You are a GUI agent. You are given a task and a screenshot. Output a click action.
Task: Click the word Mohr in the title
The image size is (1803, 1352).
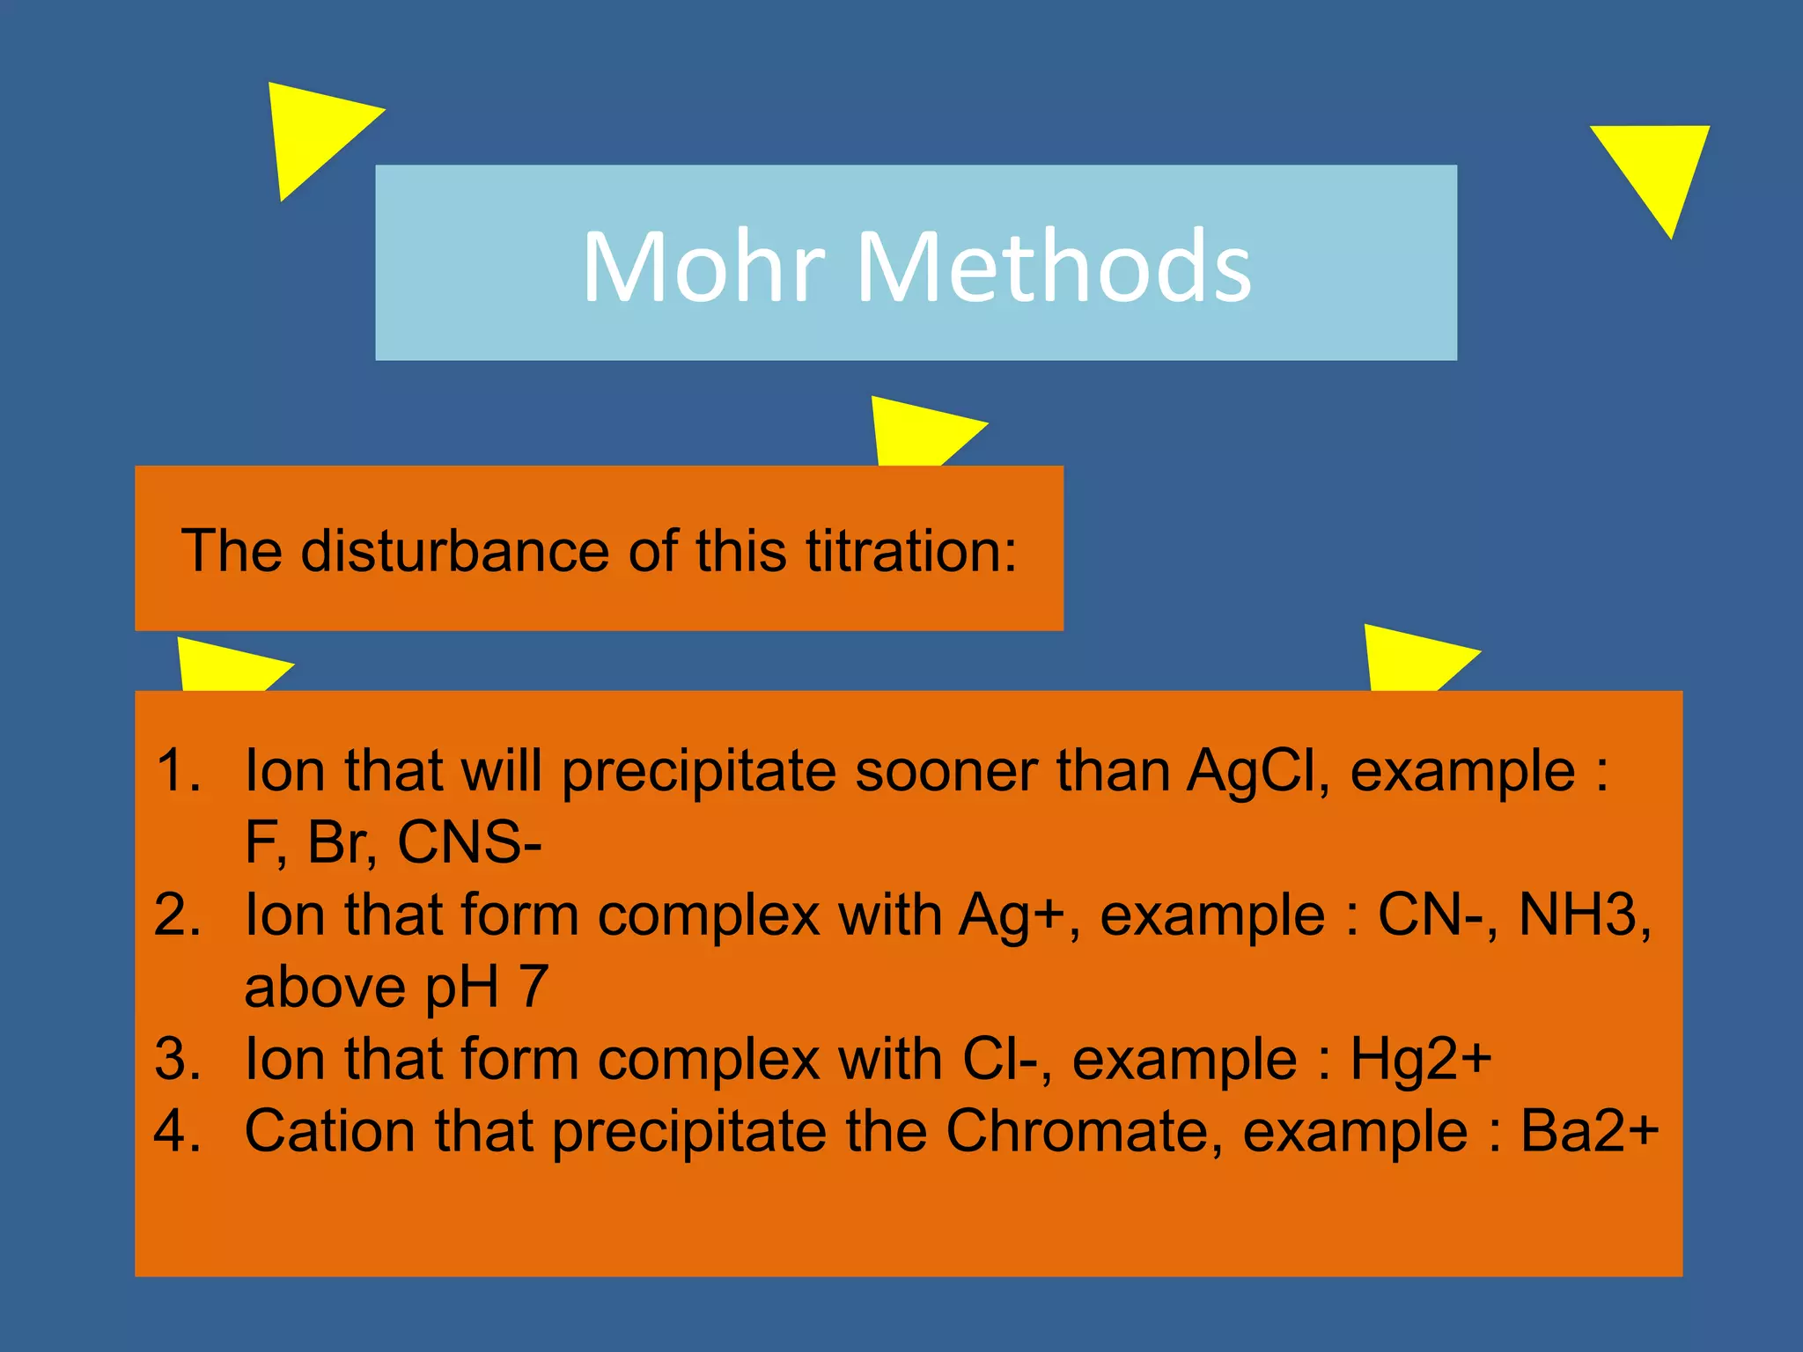(x=704, y=267)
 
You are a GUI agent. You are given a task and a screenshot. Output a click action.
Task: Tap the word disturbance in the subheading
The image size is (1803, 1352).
(x=455, y=551)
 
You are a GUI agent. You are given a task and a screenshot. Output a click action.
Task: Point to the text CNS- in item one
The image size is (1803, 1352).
(x=469, y=842)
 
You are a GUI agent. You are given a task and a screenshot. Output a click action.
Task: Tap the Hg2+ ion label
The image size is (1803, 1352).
(x=1421, y=1058)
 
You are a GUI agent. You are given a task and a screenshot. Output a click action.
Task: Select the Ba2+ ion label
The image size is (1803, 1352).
(x=1590, y=1130)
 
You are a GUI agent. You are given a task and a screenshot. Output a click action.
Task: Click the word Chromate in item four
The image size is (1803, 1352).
(x=1084, y=1130)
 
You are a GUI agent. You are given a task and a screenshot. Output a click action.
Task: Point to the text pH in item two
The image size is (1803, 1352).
(x=463, y=987)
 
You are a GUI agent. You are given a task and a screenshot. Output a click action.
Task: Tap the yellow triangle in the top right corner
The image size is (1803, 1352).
(x=1657, y=167)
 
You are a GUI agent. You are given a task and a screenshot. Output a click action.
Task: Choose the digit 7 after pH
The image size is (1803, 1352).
(x=534, y=987)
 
